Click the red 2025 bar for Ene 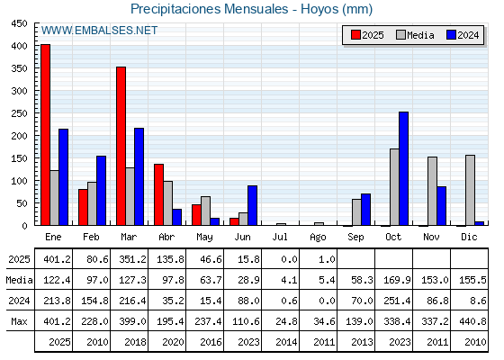tap(45, 135)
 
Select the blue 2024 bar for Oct tap(403, 168)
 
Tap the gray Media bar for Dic tap(470, 190)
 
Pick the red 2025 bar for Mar tap(121, 146)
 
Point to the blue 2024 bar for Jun tap(252, 205)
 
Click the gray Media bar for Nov tap(432, 191)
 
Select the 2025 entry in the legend tap(367, 35)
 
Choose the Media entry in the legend tap(415, 35)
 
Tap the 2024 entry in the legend tap(463, 35)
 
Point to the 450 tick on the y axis tap(19, 23)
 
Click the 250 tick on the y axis tap(19, 113)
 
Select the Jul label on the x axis tap(280, 237)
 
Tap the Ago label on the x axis tap(318, 238)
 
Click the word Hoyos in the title tap(319, 9)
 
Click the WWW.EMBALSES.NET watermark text tap(99, 31)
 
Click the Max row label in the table tap(19, 321)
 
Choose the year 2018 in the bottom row tap(135, 342)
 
